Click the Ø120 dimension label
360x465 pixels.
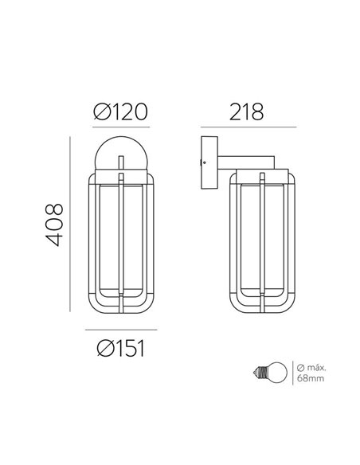pos(120,111)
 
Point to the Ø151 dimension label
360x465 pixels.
pos(120,347)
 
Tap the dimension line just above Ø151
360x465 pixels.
pos(120,329)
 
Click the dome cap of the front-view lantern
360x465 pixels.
pos(119,155)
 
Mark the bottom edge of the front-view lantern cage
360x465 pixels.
pos(119,311)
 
